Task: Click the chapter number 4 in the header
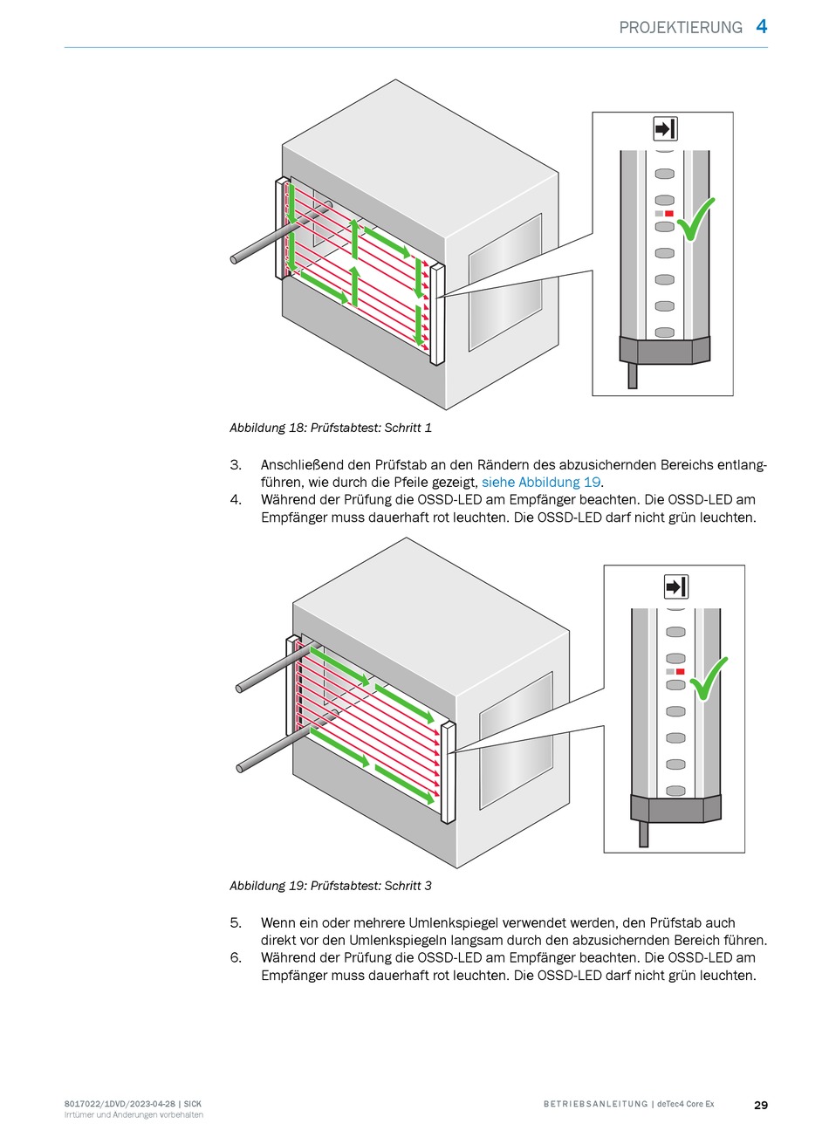pyautogui.click(x=761, y=26)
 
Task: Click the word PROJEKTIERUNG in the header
pyautogui.click(x=681, y=28)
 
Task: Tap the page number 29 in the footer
pyautogui.click(x=761, y=1105)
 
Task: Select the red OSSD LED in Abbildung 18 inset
pyautogui.click(x=669, y=213)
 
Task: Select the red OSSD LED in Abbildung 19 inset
pyautogui.click(x=680, y=672)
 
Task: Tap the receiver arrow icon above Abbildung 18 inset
pyautogui.click(x=665, y=129)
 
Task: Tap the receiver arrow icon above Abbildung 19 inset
pyautogui.click(x=676, y=586)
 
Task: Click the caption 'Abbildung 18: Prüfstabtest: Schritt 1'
pyautogui.click(x=331, y=428)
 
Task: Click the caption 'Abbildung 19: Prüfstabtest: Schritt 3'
pyautogui.click(x=331, y=886)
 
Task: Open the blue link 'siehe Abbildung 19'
pyautogui.click(x=541, y=483)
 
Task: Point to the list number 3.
pyautogui.click(x=236, y=465)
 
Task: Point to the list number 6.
pyautogui.click(x=236, y=958)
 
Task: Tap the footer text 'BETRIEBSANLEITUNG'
pyautogui.click(x=595, y=1105)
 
